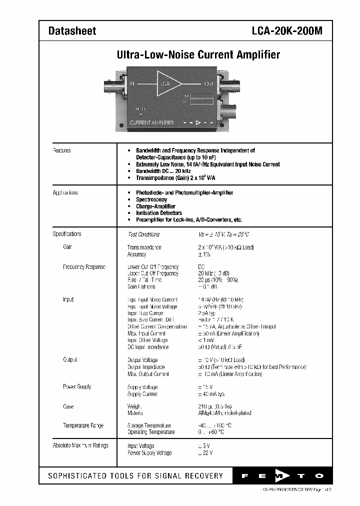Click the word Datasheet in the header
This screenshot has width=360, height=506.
[72, 31]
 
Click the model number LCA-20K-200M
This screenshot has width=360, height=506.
[287, 31]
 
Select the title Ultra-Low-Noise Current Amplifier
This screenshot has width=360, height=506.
[198, 55]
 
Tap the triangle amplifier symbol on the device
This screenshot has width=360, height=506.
[167, 83]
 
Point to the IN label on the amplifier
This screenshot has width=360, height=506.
[132, 83]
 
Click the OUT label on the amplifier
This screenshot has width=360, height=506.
[208, 83]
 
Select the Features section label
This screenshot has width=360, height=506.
[62, 150]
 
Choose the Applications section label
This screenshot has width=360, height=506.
[65, 193]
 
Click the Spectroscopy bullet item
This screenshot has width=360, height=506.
[151, 199]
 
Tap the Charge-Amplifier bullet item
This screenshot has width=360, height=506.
[155, 206]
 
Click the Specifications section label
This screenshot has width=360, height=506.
[67, 234]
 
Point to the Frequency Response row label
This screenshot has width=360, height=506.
[84, 267]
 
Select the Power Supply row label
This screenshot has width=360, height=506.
[77, 386]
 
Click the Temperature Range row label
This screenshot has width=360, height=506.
[83, 425]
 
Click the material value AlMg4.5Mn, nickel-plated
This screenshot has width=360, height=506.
[224, 413]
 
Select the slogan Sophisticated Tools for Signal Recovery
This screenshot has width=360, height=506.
[135, 476]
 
